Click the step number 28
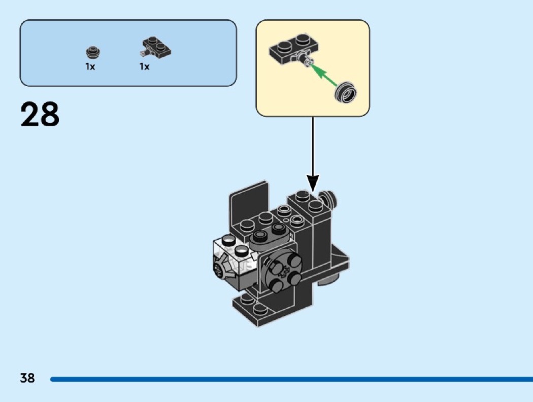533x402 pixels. [40, 115]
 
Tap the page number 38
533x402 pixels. [27, 378]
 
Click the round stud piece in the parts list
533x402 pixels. [92, 51]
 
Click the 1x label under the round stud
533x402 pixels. [90, 67]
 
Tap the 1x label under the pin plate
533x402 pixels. [144, 67]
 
